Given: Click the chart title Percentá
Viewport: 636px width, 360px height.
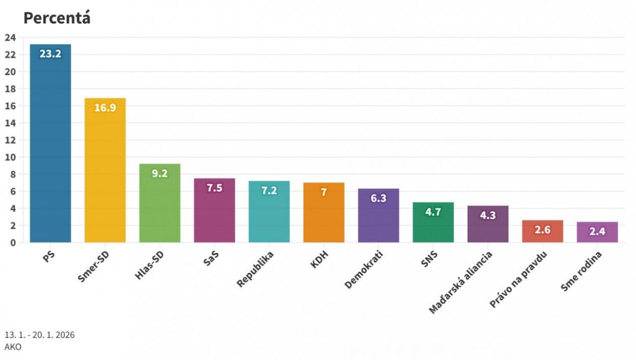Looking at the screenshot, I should [x=56, y=18].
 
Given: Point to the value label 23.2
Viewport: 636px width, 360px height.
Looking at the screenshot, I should [x=50, y=53].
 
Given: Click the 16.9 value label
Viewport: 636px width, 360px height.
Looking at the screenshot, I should [x=105, y=107].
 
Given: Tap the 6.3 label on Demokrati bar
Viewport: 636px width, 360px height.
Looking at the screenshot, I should [x=379, y=198].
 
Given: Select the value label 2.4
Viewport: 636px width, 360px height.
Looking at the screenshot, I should [x=597, y=232].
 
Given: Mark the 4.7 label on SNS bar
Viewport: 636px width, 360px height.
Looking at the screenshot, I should [x=433, y=212].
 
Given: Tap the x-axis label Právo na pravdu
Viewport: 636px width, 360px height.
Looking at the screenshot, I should [x=518, y=280].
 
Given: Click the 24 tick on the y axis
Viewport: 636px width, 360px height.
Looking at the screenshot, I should [x=11, y=37].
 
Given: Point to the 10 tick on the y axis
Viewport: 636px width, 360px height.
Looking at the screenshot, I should [x=11, y=157].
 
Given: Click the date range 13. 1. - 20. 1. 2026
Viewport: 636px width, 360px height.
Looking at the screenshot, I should [x=40, y=335].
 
